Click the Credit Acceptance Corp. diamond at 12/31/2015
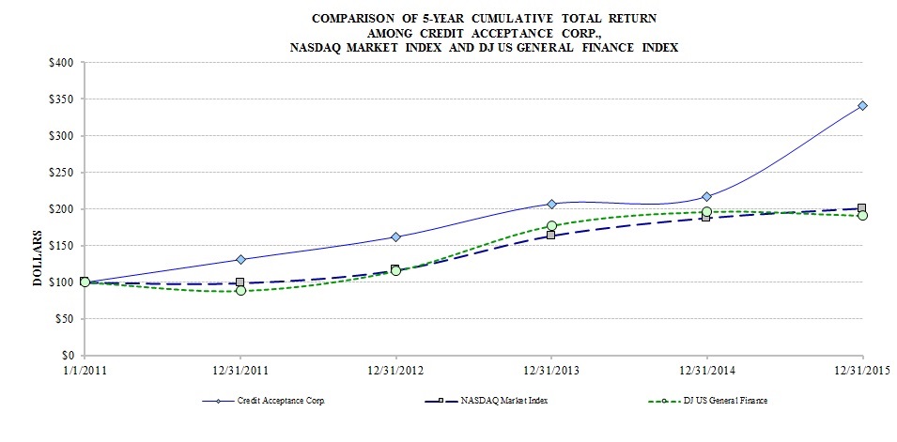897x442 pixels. point(862,105)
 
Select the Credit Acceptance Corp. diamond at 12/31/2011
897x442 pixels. point(240,259)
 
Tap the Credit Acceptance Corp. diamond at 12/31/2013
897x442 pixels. point(551,204)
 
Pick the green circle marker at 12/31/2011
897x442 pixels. point(240,290)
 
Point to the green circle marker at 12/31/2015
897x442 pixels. point(862,216)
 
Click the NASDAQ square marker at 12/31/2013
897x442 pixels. point(551,235)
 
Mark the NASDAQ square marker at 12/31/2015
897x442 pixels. point(862,208)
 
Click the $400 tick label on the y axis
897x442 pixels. point(65,63)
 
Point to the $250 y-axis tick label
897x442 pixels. point(65,173)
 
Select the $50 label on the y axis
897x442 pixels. point(68,319)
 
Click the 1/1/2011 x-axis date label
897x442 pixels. point(85,371)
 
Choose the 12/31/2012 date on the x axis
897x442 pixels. point(395,371)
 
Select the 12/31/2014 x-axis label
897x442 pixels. point(706,371)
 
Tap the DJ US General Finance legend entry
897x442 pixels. point(724,401)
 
